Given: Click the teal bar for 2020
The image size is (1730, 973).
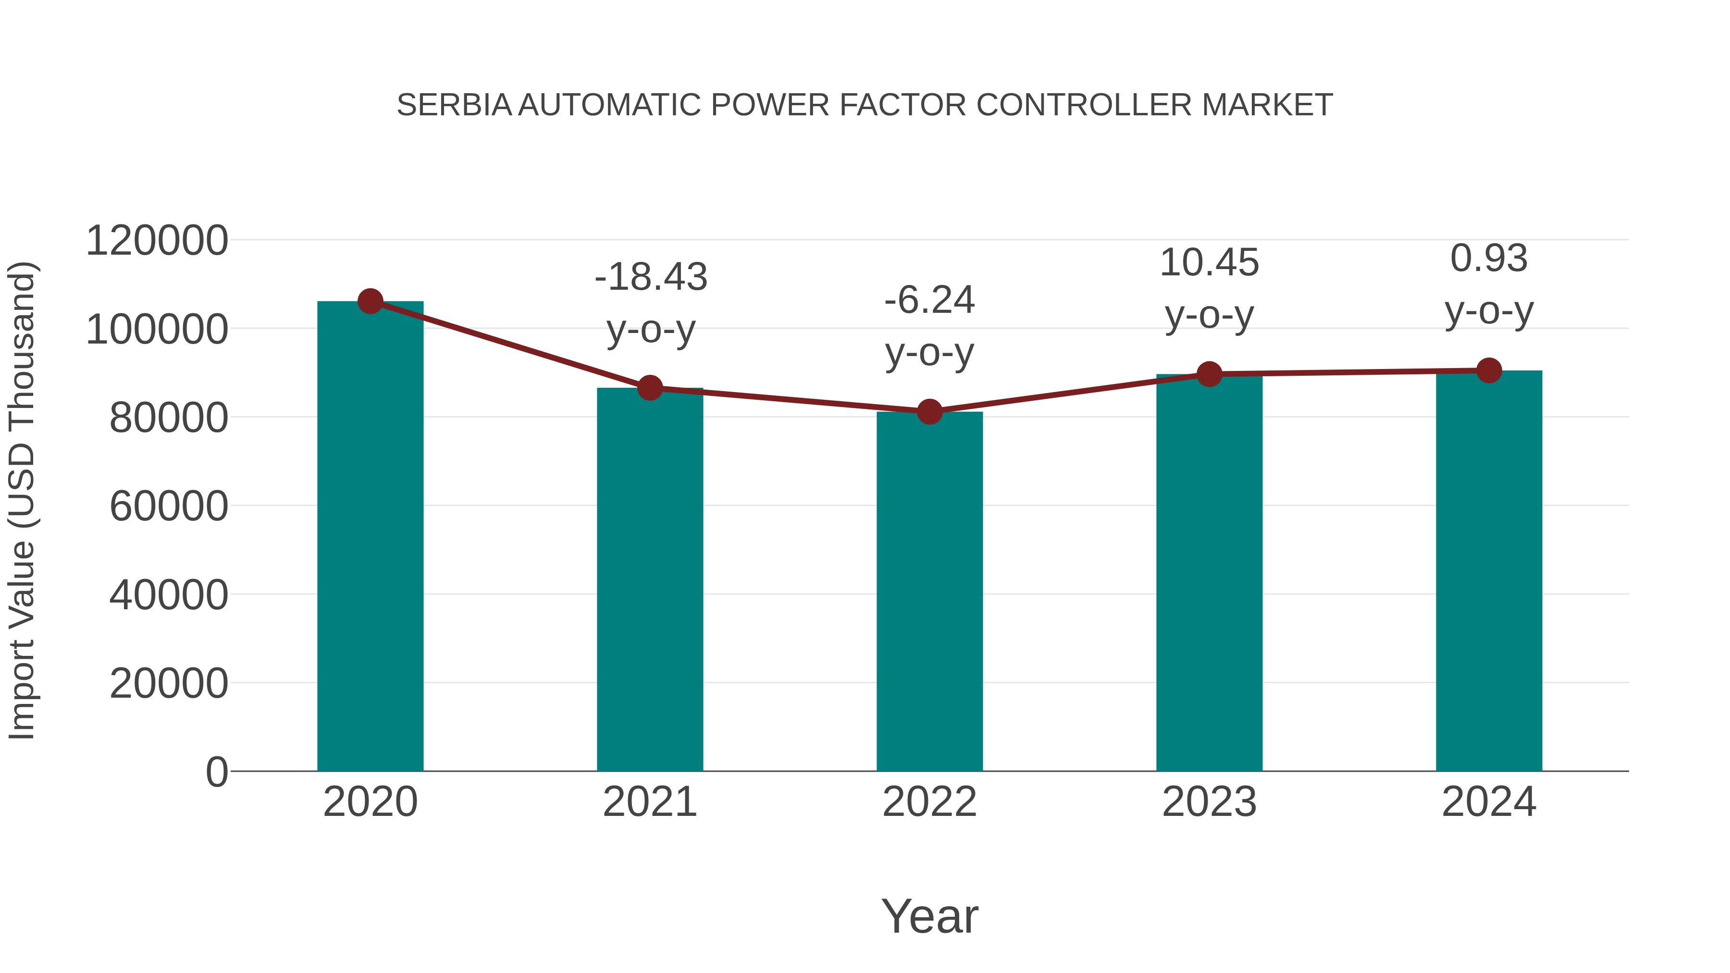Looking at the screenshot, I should [370, 537].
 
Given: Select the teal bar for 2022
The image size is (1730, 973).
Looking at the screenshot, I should [929, 591].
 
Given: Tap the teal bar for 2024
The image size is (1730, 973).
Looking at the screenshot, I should [1489, 571].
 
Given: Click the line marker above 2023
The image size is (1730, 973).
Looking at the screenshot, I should [1210, 374].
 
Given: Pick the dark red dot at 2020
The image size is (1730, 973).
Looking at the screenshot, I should [370, 301].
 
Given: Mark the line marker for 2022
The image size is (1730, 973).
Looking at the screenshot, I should [929, 412].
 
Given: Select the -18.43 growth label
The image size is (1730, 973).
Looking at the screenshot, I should [651, 277].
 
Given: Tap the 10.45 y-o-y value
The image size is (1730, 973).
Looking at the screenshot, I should [1210, 262].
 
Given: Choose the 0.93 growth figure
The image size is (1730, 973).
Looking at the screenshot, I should [1489, 259].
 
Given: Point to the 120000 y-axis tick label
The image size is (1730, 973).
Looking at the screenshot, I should [157, 241].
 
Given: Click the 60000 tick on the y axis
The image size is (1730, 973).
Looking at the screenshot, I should [169, 506].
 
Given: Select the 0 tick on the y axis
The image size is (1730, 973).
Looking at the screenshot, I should [217, 772].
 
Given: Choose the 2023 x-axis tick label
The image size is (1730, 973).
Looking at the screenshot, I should [1210, 802].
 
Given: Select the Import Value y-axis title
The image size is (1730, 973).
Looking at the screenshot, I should [22, 501].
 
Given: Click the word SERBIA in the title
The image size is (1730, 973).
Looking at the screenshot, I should [455, 105].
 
